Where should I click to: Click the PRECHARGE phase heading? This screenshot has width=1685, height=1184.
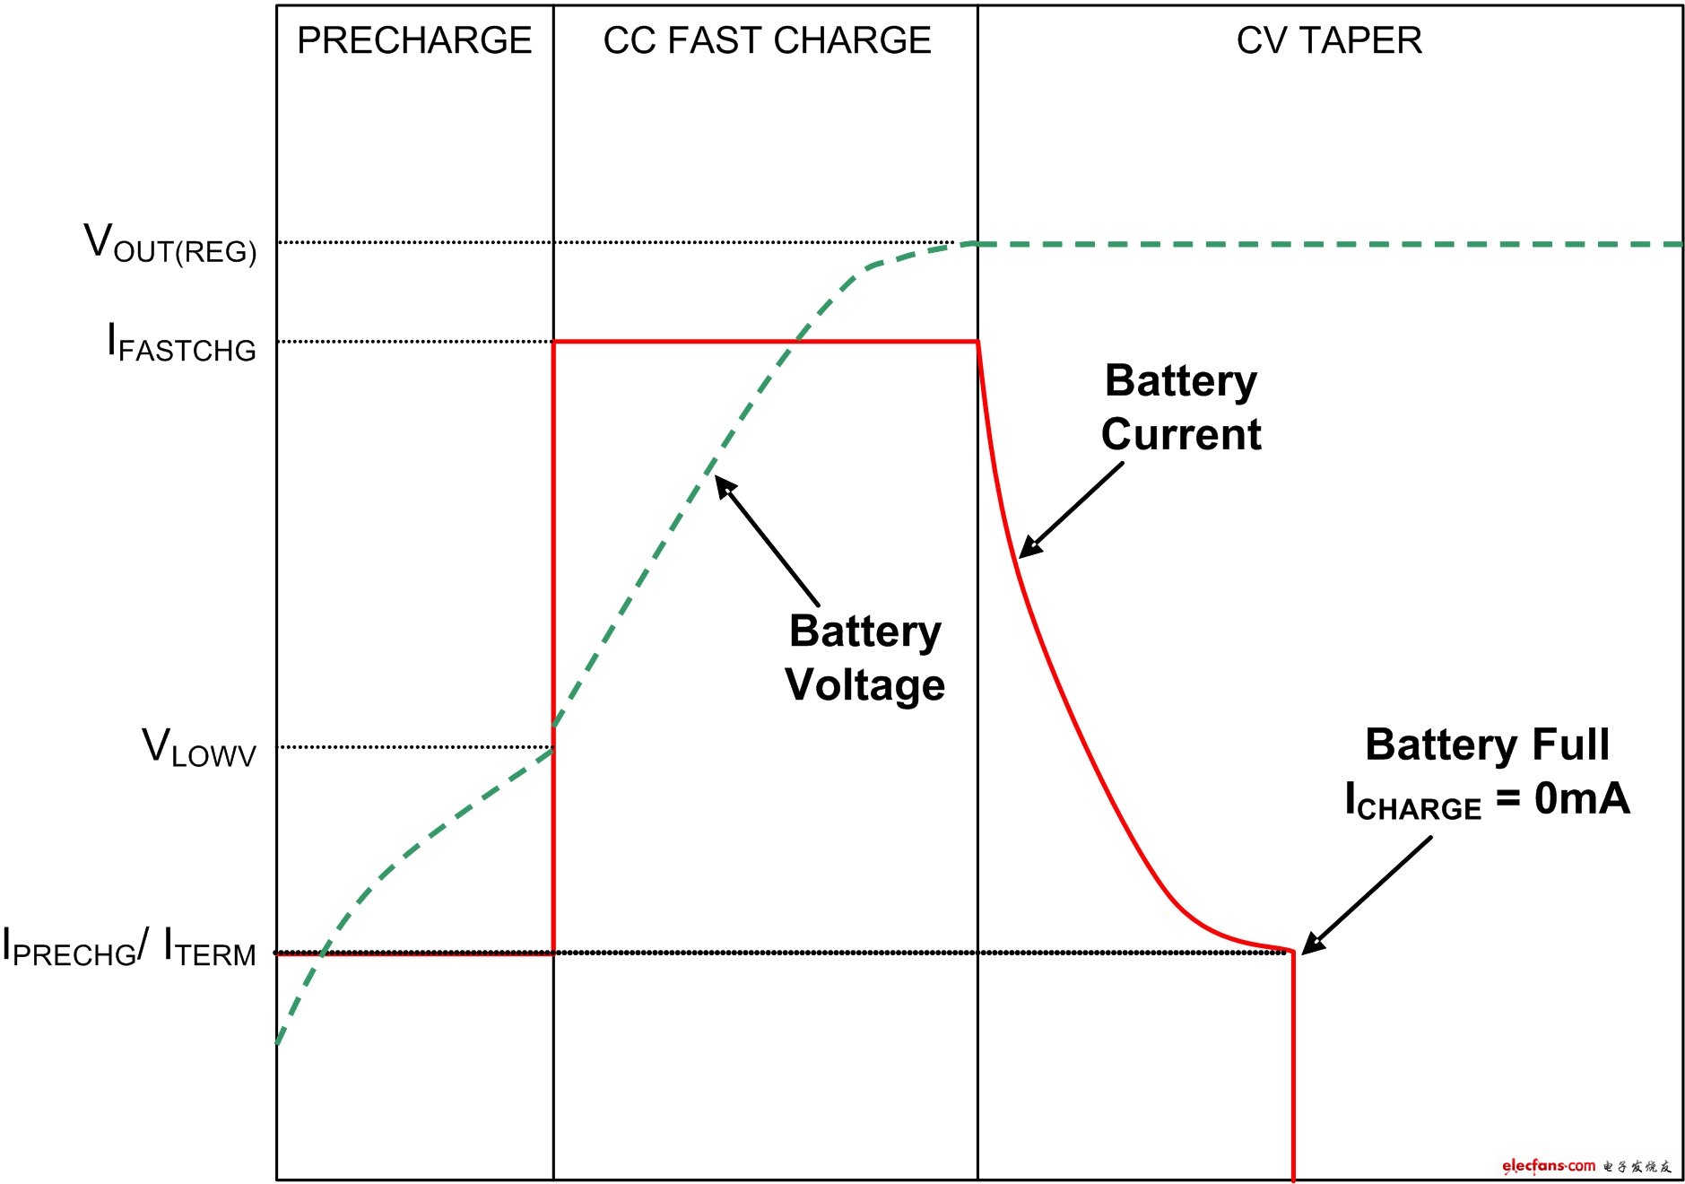pyautogui.click(x=414, y=40)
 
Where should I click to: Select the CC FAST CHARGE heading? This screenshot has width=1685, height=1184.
pyautogui.click(x=767, y=40)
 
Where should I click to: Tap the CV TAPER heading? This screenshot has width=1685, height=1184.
pyautogui.click(x=1329, y=40)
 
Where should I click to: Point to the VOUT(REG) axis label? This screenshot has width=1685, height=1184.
pyautogui.click(x=170, y=243)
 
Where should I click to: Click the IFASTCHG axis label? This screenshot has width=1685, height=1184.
pyautogui.click(x=181, y=343)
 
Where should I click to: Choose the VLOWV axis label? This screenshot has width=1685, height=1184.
pyautogui.click(x=199, y=747)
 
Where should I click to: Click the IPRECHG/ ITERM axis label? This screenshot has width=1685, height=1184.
pyautogui.click(x=129, y=948)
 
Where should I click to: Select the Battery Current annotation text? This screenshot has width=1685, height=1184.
pyautogui.click(x=1181, y=407)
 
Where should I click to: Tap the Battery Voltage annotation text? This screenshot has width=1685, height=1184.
pyautogui.click(x=865, y=657)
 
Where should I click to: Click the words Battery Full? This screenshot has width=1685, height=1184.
pyautogui.click(x=1487, y=744)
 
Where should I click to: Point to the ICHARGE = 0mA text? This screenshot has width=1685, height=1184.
pyautogui.click(x=1487, y=799)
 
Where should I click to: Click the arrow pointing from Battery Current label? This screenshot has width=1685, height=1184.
pyautogui.click(x=1071, y=510)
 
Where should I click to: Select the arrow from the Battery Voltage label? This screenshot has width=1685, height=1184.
pyautogui.click(x=767, y=541)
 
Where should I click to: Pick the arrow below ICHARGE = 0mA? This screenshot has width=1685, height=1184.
pyautogui.click(x=1367, y=895)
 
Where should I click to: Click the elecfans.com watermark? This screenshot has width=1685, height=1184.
pyautogui.click(x=1586, y=1166)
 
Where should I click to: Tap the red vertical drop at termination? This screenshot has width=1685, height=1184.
pyautogui.click(x=1293, y=1066)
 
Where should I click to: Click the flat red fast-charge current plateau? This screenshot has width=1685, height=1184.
pyautogui.click(x=765, y=342)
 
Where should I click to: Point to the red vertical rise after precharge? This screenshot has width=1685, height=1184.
pyautogui.click(x=553, y=648)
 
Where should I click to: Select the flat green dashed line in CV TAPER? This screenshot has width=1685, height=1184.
pyautogui.click(x=1330, y=244)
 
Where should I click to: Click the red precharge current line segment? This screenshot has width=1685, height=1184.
pyautogui.click(x=414, y=954)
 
